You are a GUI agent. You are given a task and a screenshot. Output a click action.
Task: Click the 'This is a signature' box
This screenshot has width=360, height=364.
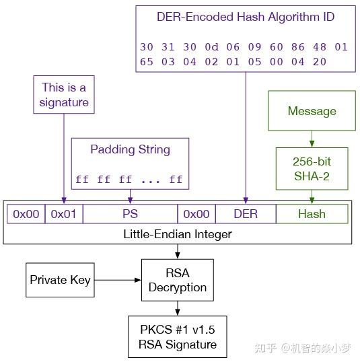65,95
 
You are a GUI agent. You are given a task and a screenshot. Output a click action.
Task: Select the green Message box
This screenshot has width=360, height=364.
312,111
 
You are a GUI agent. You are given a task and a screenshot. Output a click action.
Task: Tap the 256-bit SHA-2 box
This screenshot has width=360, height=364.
312,169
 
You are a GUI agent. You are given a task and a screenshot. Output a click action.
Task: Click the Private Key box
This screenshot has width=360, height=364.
61,279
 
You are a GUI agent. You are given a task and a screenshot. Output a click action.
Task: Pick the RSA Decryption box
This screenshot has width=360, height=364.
177,280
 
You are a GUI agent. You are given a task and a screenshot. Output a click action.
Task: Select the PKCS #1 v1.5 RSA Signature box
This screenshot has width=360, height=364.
178,338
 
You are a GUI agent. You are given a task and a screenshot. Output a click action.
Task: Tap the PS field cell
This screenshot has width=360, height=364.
130,214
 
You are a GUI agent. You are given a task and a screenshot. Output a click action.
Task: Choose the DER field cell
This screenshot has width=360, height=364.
246,214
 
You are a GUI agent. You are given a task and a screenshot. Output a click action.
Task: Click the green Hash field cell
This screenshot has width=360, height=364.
312,214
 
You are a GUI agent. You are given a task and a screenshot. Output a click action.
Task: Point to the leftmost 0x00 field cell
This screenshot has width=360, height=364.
26,214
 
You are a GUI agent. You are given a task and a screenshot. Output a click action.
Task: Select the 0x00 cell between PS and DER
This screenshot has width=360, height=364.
196,214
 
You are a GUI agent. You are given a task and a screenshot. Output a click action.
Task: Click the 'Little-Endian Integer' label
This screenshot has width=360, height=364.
177,234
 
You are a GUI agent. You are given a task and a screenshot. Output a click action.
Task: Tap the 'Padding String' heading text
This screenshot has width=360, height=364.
130,149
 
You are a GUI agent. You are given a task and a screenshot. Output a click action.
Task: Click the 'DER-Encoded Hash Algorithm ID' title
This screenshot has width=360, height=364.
245,17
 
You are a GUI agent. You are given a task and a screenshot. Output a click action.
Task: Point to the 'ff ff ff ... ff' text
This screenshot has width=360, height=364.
130,180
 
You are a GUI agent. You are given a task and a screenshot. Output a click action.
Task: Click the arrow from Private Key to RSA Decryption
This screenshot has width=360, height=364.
116,280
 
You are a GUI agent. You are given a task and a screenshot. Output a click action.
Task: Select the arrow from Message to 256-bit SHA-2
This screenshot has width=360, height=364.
312,139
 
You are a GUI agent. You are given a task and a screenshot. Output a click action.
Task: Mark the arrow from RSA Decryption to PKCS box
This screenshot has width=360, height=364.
178,308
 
